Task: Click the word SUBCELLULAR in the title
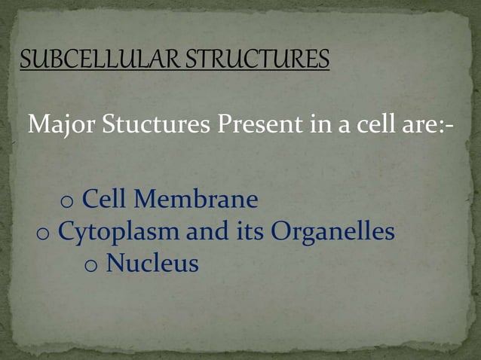tap(99, 59)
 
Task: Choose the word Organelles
tap(332, 232)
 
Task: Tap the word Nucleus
tap(152, 264)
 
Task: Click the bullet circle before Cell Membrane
tap(66, 203)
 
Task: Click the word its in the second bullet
tap(250, 232)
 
